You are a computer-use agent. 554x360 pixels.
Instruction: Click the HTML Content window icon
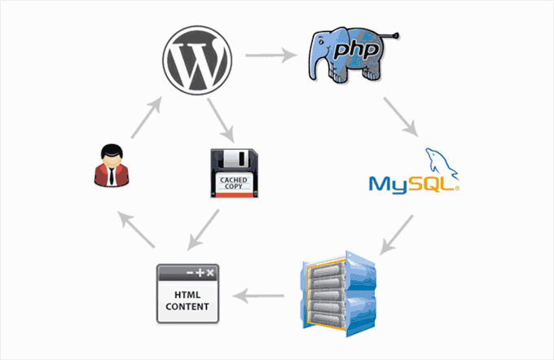pyautogui.click(x=187, y=292)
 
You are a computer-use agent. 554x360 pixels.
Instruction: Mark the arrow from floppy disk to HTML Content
pyautogui.click(x=206, y=230)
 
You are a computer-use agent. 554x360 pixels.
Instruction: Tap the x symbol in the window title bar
pyautogui.click(x=210, y=273)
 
